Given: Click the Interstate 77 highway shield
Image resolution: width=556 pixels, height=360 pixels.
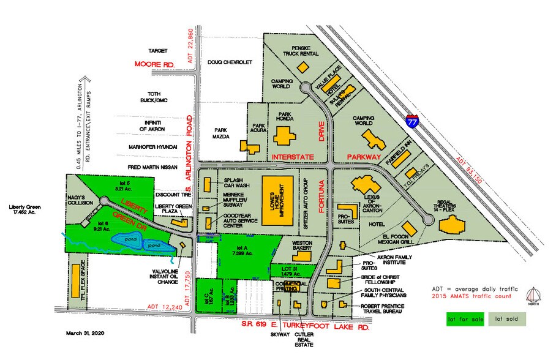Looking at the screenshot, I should [x=411, y=119].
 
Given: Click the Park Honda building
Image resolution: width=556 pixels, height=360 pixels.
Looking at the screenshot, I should [x=284, y=136].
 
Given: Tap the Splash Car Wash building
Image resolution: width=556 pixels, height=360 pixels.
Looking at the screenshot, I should [x=208, y=184].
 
